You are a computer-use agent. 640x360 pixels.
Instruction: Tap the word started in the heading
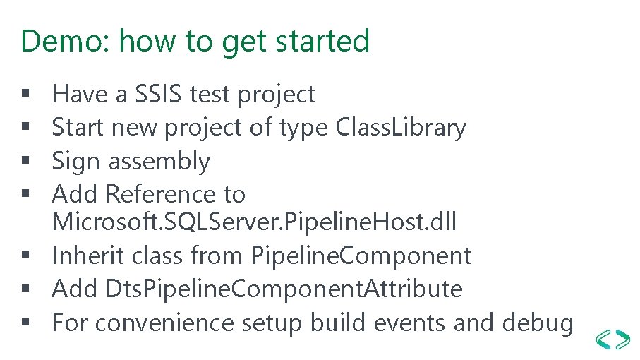pyautogui.click(x=322, y=41)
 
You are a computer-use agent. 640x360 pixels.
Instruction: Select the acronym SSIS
pyautogui.click(x=158, y=93)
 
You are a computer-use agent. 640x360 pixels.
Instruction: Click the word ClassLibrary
pyautogui.click(x=400, y=128)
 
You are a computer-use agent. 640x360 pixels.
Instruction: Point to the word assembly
pyautogui.click(x=159, y=161)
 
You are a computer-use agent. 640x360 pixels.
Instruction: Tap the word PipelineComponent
pyautogui.click(x=361, y=256)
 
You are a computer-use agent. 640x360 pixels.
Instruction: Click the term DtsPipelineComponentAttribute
pyautogui.click(x=284, y=289)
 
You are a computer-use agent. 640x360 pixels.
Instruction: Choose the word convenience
pyautogui.click(x=164, y=323)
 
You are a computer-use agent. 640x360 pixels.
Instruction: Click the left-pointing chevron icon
pyautogui.click(x=603, y=340)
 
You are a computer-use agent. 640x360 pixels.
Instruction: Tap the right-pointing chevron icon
pyautogui.click(x=622, y=340)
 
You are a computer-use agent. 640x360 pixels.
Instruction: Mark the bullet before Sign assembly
pyautogui.click(x=25, y=160)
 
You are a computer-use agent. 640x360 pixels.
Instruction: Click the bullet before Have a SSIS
pyautogui.click(x=25, y=93)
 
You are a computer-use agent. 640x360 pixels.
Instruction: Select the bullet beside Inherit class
pyautogui.click(x=25, y=255)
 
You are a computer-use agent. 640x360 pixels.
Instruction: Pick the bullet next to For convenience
pyautogui.click(x=25, y=322)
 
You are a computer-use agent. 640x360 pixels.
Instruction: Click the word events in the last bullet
pyautogui.click(x=409, y=323)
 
